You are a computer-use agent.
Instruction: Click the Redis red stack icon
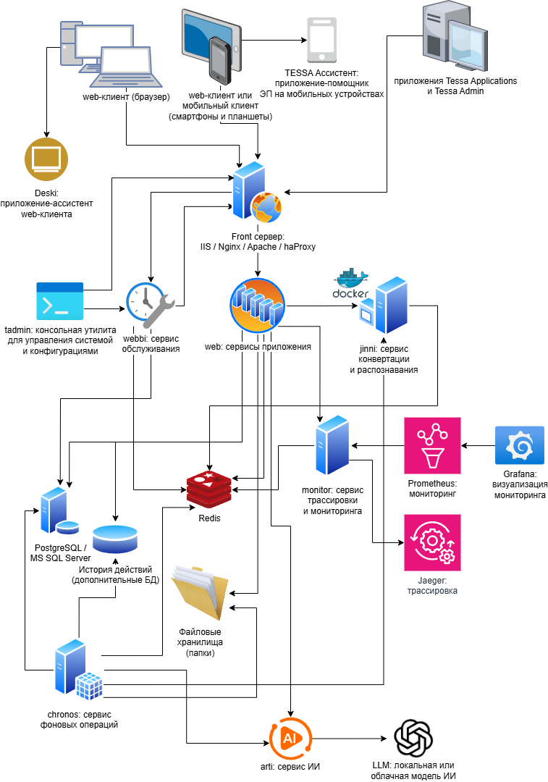pyautogui.click(x=210, y=489)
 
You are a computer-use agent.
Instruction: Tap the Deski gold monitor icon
pyautogui.click(x=46, y=159)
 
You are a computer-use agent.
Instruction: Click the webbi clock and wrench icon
pyautogui.click(x=151, y=302)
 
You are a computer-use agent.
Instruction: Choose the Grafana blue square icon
pyautogui.click(x=519, y=445)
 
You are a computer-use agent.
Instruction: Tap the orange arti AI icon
pyautogui.click(x=290, y=739)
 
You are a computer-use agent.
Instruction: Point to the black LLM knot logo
pyautogui.click(x=413, y=739)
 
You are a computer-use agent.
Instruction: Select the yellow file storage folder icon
pyautogui.click(x=200, y=591)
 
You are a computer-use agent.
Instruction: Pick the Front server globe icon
pyautogui.click(x=265, y=208)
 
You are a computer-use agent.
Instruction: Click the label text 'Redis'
pyautogui.click(x=209, y=519)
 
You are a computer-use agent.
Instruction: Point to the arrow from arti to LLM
pyautogui.click(x=351, y=739)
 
